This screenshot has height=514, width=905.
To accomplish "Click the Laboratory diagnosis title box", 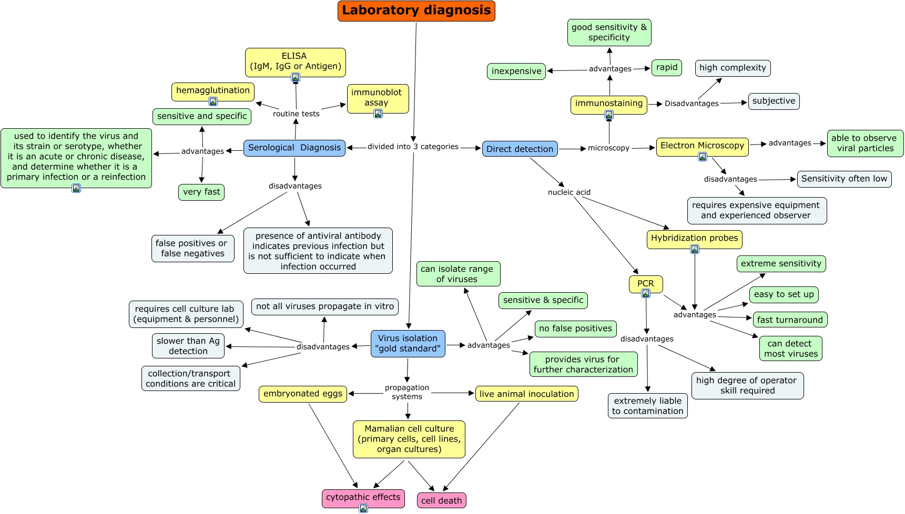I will tap(416, 11).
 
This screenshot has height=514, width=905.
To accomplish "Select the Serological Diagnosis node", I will tap(294, 148).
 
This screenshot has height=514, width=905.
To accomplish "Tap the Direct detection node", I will tap(520, 149).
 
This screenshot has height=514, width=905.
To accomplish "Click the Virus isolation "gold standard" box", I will tap(408, 343).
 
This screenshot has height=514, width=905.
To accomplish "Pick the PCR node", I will tap(645, 284).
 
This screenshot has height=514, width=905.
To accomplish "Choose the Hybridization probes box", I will tap(694, 238).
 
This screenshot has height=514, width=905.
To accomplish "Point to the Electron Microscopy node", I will tap(702, 146).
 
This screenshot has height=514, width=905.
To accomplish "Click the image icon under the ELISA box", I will tap(296, 78).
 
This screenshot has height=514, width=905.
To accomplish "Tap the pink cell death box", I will tap(441, 500).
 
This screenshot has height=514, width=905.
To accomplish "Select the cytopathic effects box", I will tap(363, 497).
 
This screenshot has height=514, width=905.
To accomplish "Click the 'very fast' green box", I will tap(201, 192).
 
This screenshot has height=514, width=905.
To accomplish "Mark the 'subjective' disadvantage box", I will tap(774, 101).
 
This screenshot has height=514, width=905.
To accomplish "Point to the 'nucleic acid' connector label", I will tap(569, 192).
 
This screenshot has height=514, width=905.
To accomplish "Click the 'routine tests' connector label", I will tap(296, 114).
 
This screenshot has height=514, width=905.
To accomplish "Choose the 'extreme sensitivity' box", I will tap(781, 263).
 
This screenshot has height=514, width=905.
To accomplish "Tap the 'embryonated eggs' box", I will tap(302, 394).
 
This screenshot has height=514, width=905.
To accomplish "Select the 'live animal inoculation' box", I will tap(526, 394).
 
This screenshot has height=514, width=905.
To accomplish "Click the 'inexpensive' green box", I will tap(516, 71).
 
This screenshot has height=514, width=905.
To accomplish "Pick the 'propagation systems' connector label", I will tap(406, 392).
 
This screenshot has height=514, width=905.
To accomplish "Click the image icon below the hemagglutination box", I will tap(213, 101).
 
